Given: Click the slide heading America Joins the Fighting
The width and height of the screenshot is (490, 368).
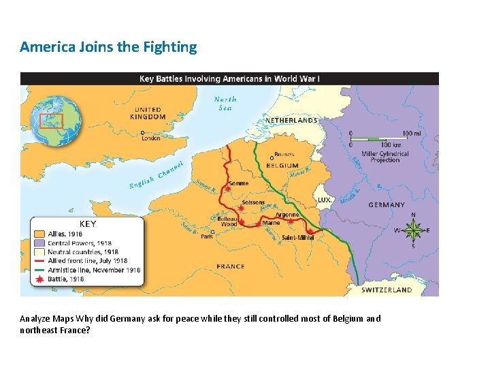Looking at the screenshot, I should (108, 47).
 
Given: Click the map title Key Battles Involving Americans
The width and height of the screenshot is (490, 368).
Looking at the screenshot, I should (229, 78).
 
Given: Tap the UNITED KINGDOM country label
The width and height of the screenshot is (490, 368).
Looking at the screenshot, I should (149, 113).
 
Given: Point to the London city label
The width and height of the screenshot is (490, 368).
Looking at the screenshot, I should (151, 138).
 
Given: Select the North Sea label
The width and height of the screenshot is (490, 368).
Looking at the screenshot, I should (225, 103).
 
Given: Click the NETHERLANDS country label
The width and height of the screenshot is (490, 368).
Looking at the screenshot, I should (291, 121).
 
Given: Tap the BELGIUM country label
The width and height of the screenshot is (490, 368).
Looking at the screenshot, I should (282, 166).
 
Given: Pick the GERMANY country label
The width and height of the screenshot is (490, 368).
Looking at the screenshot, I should (386, 204).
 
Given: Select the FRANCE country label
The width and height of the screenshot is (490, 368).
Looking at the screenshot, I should (231, 266).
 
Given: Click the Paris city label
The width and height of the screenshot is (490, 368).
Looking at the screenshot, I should (206, 236).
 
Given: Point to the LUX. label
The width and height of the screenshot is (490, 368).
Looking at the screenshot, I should (325, 200).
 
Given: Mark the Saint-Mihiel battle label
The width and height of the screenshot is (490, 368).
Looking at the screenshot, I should (298, 237).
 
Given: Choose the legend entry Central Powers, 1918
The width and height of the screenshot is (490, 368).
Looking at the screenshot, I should (84, 243).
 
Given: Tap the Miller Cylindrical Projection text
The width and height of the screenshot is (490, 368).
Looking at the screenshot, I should (385, 157).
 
